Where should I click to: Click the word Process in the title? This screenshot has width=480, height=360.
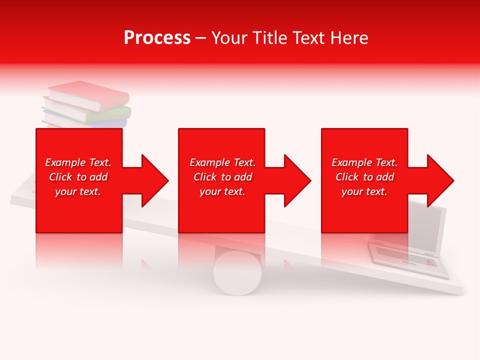[x=157, y=38]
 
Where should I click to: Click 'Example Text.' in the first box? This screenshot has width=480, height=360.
[x=78, y=162]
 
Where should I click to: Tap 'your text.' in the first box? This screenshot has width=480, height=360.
[x=78, y=191]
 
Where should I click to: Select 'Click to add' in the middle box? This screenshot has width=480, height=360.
[x=222, y=177]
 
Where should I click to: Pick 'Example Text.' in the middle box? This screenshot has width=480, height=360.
[x=222, y=162]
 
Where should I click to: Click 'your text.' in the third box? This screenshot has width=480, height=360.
[x=364, y=191]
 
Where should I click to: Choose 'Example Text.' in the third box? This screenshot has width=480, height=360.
[x=364, y=162]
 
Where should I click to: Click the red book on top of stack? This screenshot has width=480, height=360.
[x=90, y=95]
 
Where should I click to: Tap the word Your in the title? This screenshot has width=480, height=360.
[x=229, y=38]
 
